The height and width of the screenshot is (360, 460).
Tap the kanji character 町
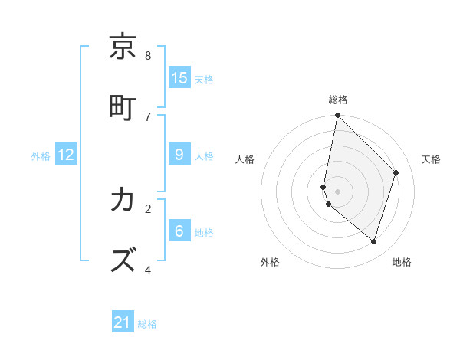pos(123,106)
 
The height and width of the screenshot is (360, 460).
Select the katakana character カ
pos(123,200)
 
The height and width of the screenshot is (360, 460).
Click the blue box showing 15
pos(179,77)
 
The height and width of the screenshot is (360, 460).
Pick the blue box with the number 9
pos(179,155)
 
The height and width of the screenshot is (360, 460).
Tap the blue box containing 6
pos(179,231)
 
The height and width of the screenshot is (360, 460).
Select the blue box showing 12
pos(66,155)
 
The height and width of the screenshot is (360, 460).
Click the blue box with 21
pos(123,322)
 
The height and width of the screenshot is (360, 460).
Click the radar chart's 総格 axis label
pos(337,100)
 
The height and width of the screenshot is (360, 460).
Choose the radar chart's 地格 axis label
pos(402,262)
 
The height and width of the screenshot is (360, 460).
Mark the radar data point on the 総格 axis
pos(337,116)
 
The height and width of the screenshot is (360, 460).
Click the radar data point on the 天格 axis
pos(396,172)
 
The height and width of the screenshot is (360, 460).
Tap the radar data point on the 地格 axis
pos(373,241)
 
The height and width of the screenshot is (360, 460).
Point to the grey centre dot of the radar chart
pos(337,191)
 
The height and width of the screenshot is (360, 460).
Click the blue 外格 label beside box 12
pos(41,156)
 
